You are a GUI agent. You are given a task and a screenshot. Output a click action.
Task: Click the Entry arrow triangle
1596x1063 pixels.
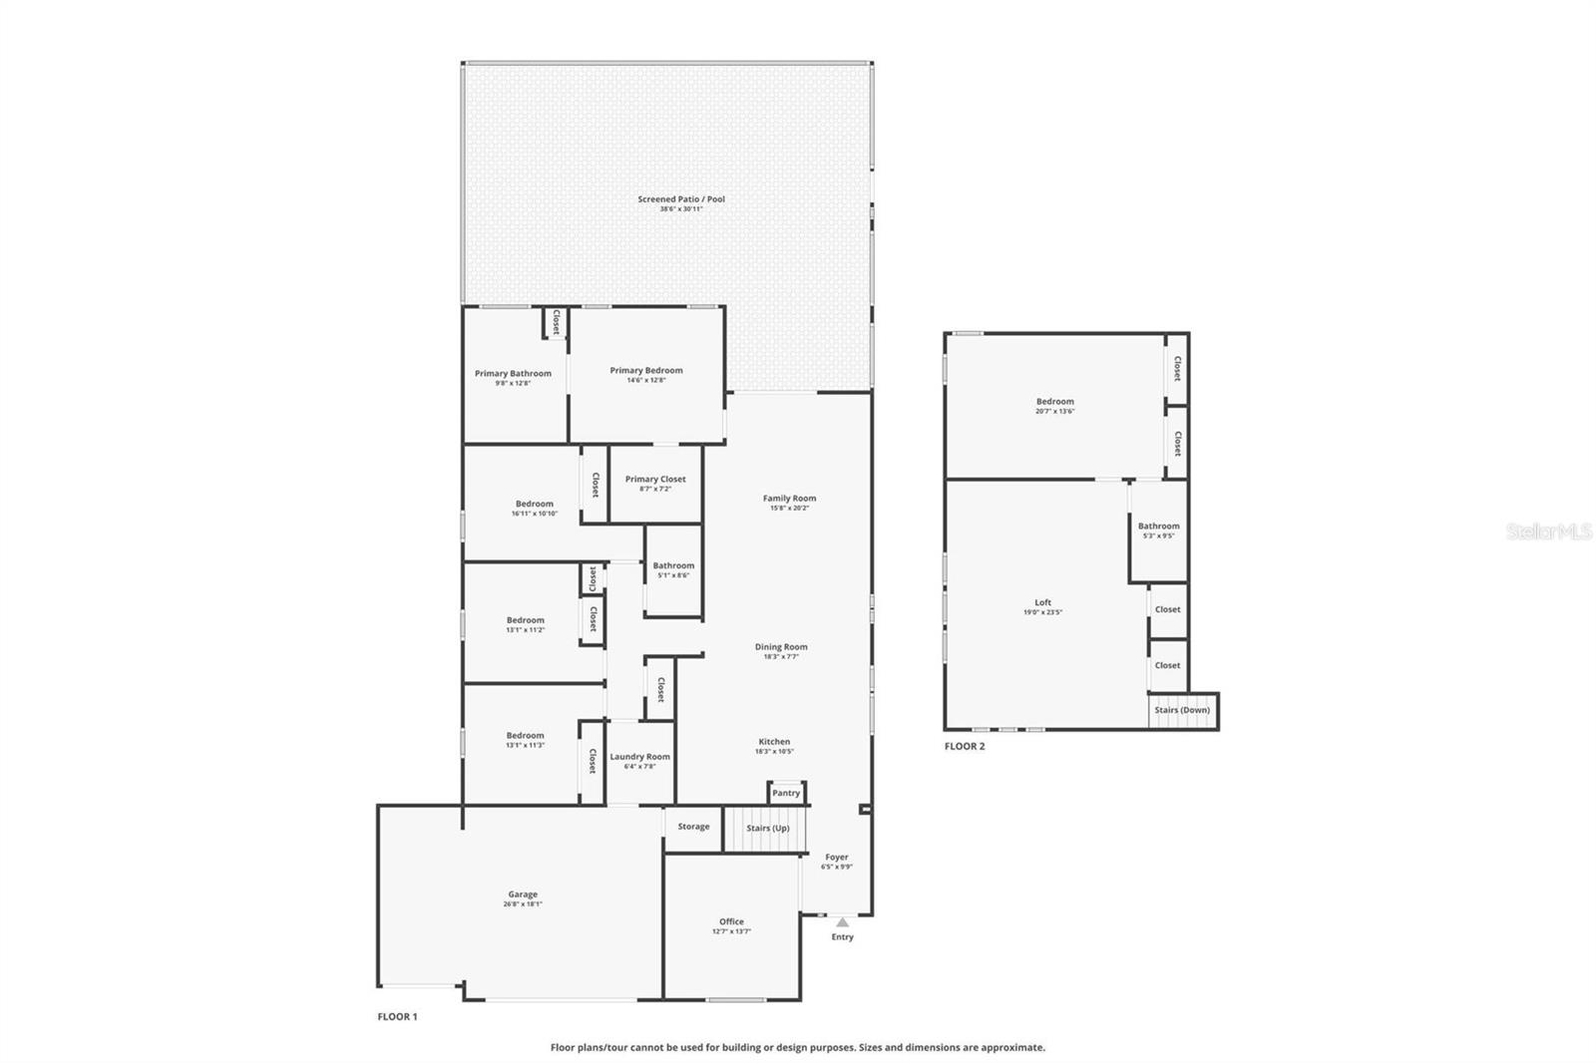pyautogui.click(x=842, y=922)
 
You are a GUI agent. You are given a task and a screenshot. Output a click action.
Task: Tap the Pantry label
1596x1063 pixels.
pyautogui.click(x=786, y=794)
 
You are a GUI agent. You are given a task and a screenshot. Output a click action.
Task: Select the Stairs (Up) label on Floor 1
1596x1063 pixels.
pyautogui.click(x=767, y=829)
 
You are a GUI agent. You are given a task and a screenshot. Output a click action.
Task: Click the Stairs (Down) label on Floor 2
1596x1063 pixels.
pyautogui.click(x=1182, y=710)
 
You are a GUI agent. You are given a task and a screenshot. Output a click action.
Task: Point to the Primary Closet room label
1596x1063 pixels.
pyautogui.click(x=655, y=480)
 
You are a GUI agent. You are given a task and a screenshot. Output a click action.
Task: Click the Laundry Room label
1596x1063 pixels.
pyautogui.click(x=639, y=757)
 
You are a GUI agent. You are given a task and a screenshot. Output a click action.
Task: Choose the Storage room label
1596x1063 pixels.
pyautogui.click(x=693, y=827)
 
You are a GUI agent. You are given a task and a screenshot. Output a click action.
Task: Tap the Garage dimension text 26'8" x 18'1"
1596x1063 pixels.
pyautogui.click(x=523, y=904)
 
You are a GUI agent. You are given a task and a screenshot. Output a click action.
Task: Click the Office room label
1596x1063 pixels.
pyautogui.click(x=731, y=921)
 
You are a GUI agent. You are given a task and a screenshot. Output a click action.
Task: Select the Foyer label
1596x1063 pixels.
pyautogui.click(x=836, y=858)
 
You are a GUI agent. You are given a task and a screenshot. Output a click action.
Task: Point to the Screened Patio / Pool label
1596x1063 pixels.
pyautogui.click(x=681, y=199)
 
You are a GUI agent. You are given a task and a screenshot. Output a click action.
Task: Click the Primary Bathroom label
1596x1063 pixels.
pyautogui.click(x=513, y=374)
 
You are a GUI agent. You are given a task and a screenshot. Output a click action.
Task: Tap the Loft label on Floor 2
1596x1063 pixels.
pyautogui.click(x=1042, y=602)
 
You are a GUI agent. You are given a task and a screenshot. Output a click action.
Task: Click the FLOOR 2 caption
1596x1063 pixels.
pyautogui.click(x=965, y=746)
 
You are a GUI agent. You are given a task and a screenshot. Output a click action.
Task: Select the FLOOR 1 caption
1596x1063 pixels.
pyautogui.click(x=397, y=1017)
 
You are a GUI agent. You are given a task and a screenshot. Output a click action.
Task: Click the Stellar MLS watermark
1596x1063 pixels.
pyautogui.click(x=1548, y=532)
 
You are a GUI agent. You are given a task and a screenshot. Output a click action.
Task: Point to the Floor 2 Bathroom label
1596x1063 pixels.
pyautogui.click(x=1158, y=527)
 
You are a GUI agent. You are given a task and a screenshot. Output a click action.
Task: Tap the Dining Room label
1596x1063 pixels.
pyautogui.click(x=781, y=647)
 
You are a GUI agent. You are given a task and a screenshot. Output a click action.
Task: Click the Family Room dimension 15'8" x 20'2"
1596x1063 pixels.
pyautogui.click(x=789, y=509)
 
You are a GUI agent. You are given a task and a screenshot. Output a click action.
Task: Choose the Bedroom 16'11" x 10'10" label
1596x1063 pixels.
pyautogui.click(x=535, y=505)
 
